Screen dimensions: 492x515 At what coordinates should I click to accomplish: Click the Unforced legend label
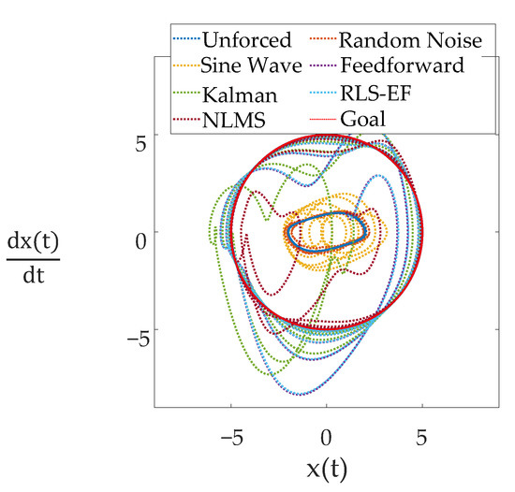point(247,40)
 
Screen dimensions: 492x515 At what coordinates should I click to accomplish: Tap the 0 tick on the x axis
point(327,437)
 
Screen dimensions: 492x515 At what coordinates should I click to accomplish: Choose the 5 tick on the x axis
point(422,437)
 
